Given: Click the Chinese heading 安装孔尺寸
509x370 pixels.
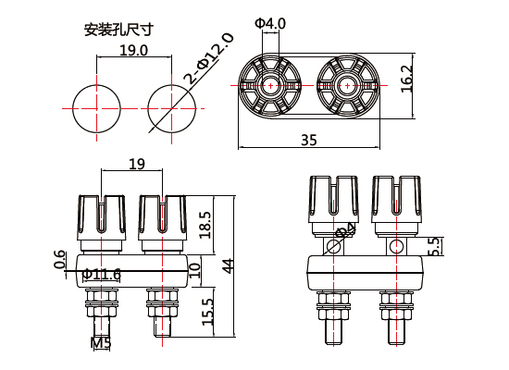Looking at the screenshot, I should click(x=118, y=30).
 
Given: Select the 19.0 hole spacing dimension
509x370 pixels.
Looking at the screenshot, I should click(x=134, y=51).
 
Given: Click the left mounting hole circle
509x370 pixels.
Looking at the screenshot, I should click(x=97, y=107).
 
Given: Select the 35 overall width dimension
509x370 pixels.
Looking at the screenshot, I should click(x=308, y=140).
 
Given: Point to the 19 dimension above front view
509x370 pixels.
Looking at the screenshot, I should click(x=136, y=165).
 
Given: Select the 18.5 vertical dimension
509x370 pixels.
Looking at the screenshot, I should click(x=205, y=224).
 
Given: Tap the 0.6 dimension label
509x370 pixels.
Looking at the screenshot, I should click(x=60, y=262).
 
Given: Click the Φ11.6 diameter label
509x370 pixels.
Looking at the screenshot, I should click(x=102, y=274).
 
